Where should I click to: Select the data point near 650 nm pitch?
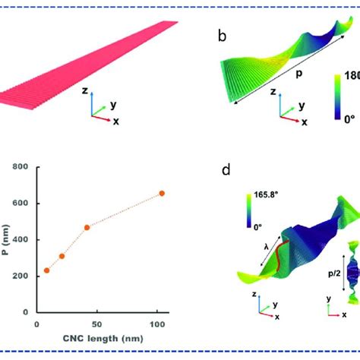tap(161, 194)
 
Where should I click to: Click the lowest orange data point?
tap(47, 270)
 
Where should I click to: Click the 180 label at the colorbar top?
tap(349, 76)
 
